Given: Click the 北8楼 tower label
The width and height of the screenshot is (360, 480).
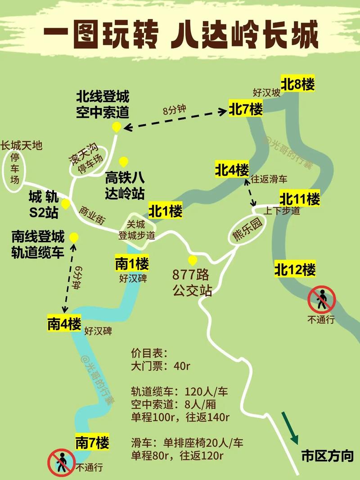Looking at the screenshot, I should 297,84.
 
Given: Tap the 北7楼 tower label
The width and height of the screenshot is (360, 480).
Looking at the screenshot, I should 246,109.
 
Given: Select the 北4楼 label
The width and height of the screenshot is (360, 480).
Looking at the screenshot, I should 232,170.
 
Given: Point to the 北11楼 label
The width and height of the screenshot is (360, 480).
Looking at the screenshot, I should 300,199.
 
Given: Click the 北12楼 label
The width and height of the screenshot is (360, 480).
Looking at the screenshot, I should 295,270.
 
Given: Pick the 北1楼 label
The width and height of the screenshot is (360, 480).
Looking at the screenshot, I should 166,211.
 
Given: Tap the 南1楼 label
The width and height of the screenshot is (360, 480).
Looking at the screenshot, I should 132,263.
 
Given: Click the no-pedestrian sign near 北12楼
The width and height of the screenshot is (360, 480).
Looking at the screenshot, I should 322,299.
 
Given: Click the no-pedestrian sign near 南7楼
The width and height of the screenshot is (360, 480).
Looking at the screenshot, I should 60,462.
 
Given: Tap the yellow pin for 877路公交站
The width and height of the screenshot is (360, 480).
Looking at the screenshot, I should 193,260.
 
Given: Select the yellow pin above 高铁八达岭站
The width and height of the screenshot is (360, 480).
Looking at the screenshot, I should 123,161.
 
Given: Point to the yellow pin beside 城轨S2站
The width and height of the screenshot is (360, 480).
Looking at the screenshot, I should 66,204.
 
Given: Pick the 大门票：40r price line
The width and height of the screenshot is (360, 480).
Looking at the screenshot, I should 161,366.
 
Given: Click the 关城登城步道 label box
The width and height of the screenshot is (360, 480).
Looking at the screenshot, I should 136,229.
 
